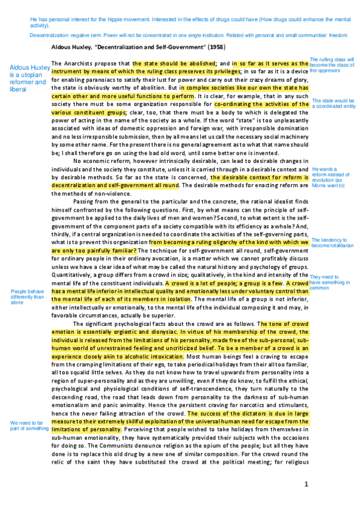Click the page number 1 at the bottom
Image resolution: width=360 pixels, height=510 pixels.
(x=306, y=484)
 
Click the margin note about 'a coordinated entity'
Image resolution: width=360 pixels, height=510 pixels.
(x=334, y=104)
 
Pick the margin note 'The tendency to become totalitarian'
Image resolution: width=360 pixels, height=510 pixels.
(x=332, y=242)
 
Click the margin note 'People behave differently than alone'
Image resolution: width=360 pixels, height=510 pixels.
(x=27, y=297)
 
